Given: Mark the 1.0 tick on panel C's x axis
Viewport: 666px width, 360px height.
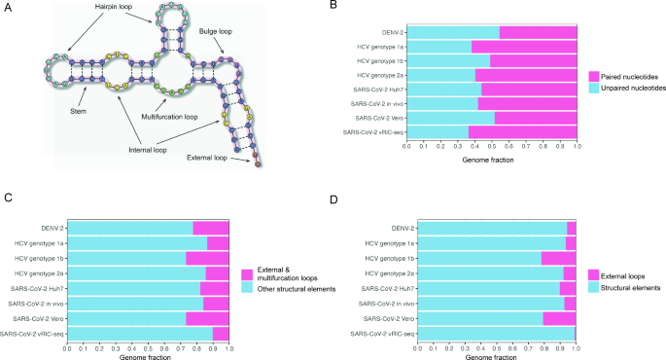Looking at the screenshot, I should click(x=228, y=347).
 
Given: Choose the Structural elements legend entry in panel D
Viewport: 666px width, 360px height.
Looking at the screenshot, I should click(x=623, y=288).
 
